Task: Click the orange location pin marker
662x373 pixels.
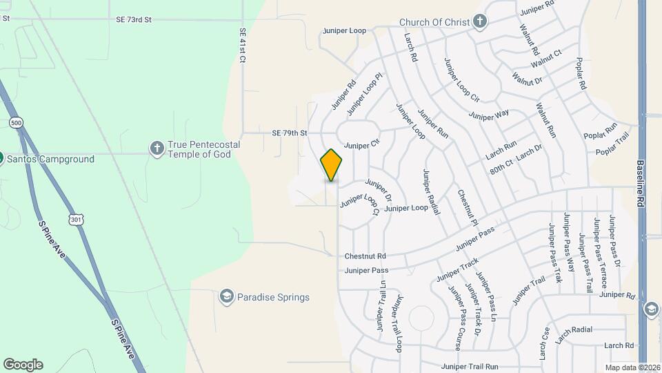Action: pos(331,164)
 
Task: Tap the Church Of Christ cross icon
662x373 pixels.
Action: pos(480,21)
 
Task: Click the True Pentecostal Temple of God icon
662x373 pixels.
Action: pos(157,148)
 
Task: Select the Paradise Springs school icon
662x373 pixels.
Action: pos(226,297)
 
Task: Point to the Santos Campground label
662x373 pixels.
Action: pos(50,159)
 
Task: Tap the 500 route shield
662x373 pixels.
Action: pos(15,122)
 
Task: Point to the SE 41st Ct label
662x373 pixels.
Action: pos(242,46)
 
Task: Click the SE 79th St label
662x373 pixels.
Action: pos(289,133)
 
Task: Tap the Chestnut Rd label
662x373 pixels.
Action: pos(365,256)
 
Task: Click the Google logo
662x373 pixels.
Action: pos(23,365)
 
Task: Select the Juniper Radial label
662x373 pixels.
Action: pos(432,191)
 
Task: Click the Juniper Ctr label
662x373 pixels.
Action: pos(362,145)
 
